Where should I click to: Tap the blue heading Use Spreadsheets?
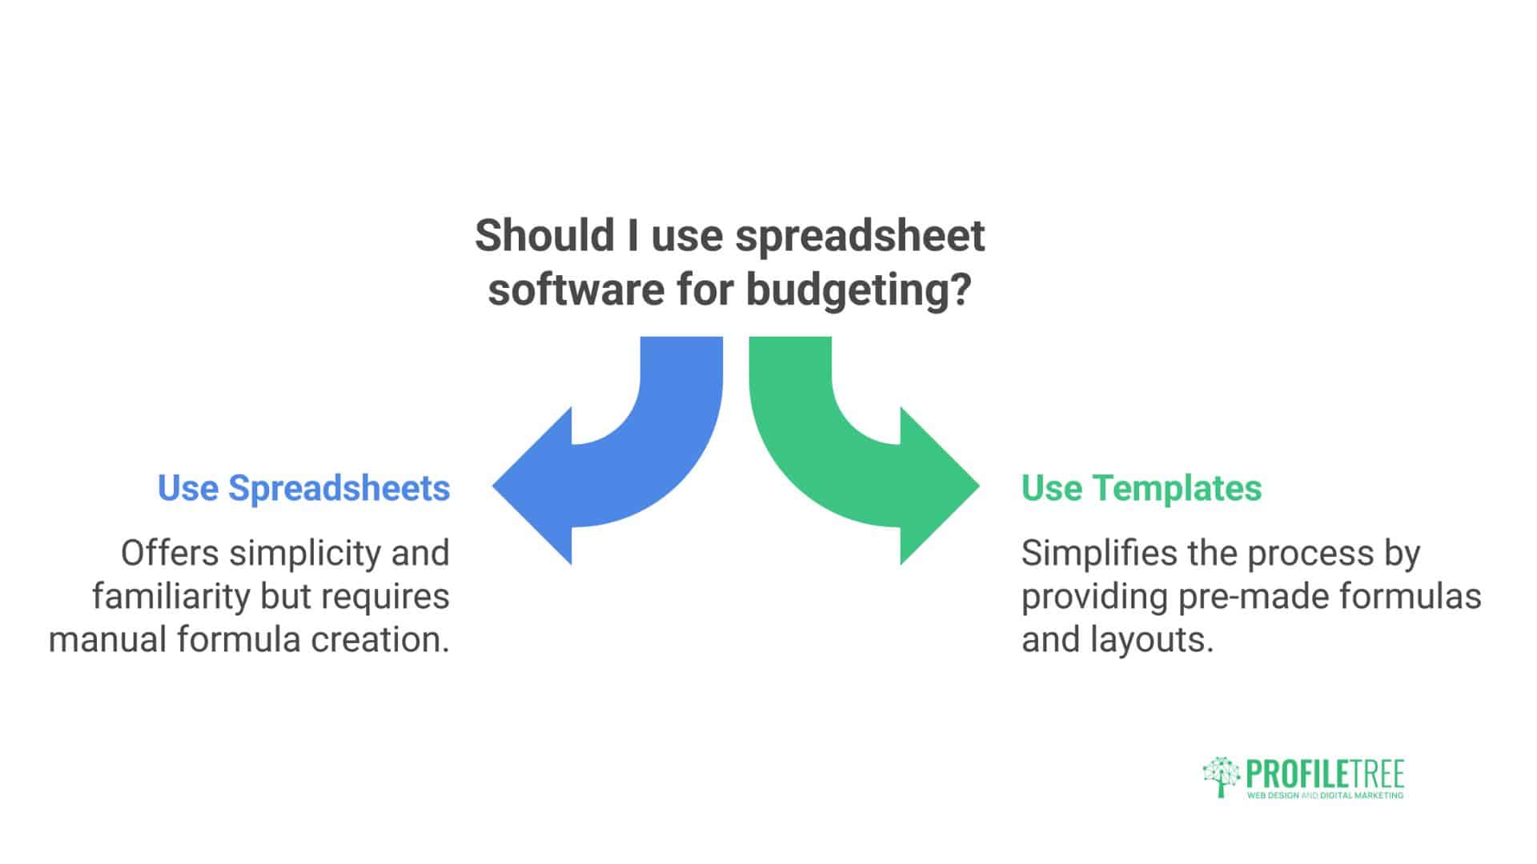303,488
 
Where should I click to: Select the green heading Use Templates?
1142,488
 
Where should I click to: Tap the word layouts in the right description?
1152,639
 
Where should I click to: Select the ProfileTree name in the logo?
1324,774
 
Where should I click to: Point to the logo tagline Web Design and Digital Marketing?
1325,796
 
